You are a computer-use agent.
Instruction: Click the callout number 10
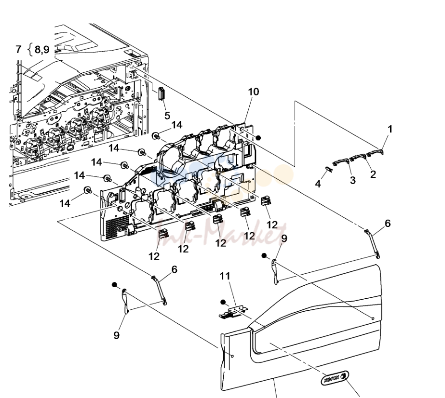click(254, 92)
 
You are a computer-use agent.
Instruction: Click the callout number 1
click(390, 129)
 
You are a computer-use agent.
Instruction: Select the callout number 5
click(167, 116)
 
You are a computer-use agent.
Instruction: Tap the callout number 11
click(225, 276)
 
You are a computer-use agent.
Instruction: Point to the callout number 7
click(18, 49)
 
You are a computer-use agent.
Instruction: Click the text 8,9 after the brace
click(42, 49)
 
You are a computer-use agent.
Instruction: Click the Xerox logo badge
click(335, 378)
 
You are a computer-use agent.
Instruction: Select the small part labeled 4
click(329, 169)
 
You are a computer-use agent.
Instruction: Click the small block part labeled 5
click(162, 93)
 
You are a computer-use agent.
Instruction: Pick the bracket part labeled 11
click(233, 312)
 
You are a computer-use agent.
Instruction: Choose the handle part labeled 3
click(341, 162)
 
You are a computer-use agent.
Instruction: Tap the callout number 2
click(373, 174)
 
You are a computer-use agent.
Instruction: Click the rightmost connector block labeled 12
click(266, 200)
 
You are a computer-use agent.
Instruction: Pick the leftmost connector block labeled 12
click(163, 234)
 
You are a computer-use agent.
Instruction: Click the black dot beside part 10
click(258, 138)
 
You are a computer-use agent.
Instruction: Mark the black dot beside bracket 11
click(223, 302)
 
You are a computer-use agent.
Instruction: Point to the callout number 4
click(318, 184)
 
